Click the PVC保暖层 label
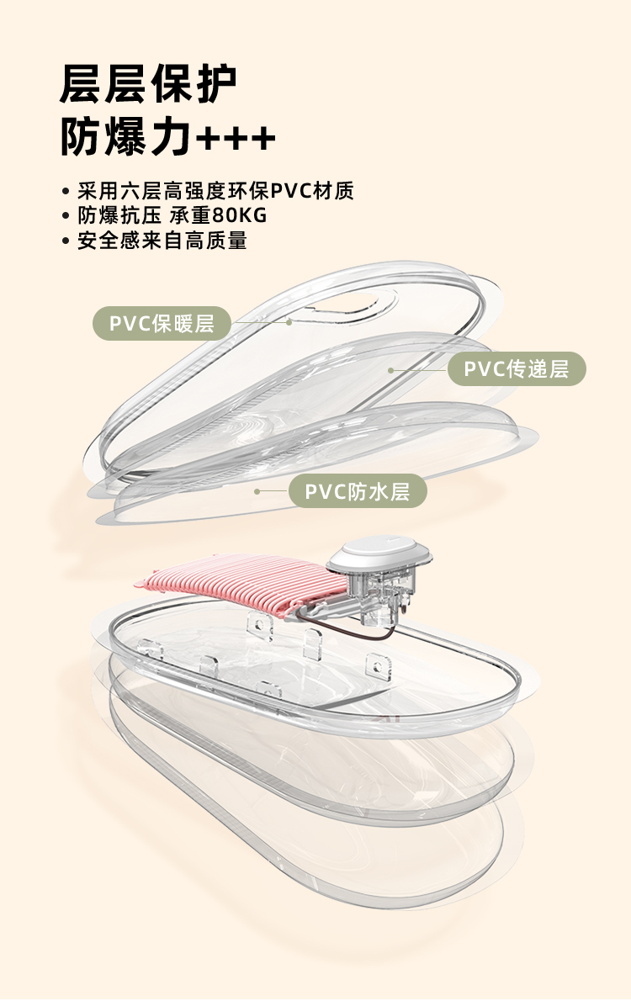(161, 323)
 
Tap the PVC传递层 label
(517, 368)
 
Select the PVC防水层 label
(358, 491)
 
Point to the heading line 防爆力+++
(168, 137)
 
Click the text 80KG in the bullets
(241, 215)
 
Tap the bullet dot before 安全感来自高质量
(66, 241)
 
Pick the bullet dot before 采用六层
(66, 191)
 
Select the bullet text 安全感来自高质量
(162, 241)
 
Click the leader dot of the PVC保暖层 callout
(289, 320)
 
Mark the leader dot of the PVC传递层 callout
(390, 369)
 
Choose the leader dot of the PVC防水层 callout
(257, 490)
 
